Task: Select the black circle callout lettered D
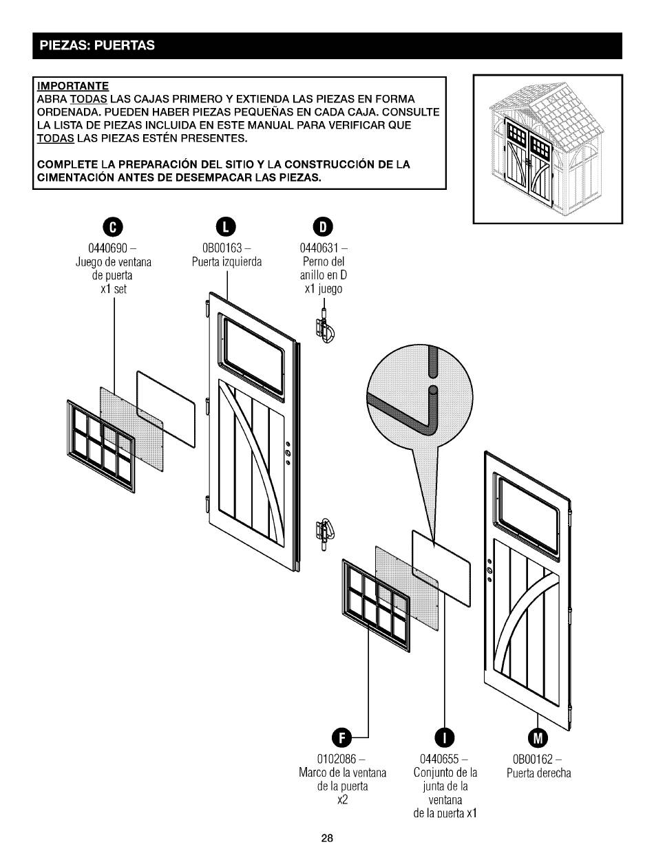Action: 323,226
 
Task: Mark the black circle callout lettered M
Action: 538,738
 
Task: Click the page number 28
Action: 327,838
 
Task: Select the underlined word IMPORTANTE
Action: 73,86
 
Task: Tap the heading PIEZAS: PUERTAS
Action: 97,46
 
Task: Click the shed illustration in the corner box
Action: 547,149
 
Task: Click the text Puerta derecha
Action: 539,773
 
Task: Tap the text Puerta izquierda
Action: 226,262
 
